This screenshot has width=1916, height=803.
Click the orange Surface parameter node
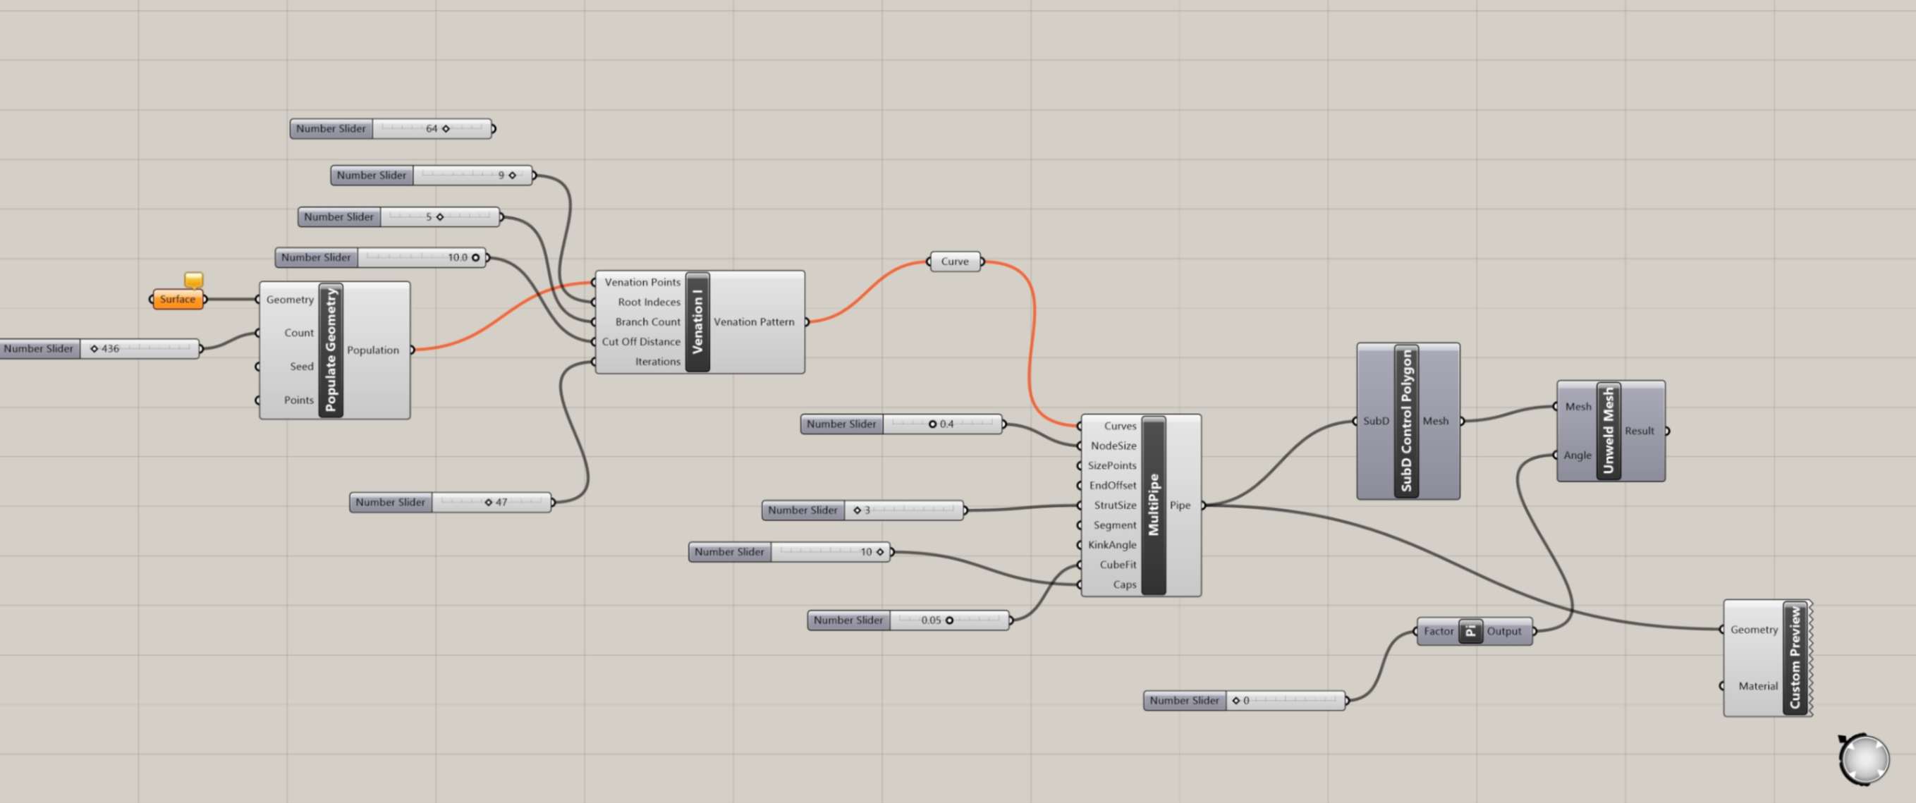click(178, 299)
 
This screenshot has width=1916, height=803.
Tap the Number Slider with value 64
click(391, 128)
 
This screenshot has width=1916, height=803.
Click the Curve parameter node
click(955, 262)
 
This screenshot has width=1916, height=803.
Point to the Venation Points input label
click(642, 283)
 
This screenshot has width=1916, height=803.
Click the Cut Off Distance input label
click(640, 342)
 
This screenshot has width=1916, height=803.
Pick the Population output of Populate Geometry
click(372, 350)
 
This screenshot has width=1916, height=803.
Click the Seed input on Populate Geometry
click(301, 367)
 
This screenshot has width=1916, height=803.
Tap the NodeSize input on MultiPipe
click(1113, 446)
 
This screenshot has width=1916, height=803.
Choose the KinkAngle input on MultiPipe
click(1112, 545)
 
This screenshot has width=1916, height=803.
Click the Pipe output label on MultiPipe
click(1180, 505)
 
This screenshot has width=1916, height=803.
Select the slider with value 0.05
click(908, 620)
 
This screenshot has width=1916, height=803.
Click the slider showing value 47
click(451, 503)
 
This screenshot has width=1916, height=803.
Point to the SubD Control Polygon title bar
click(1405, 421)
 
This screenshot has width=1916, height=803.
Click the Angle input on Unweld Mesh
click(1576, 455)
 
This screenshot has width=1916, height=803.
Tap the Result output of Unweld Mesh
click(1639, 431)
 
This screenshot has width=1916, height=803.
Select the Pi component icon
click(1470, 631)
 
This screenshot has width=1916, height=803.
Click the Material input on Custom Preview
click(1757, 686)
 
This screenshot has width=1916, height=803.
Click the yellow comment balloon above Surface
click(193, 280)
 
